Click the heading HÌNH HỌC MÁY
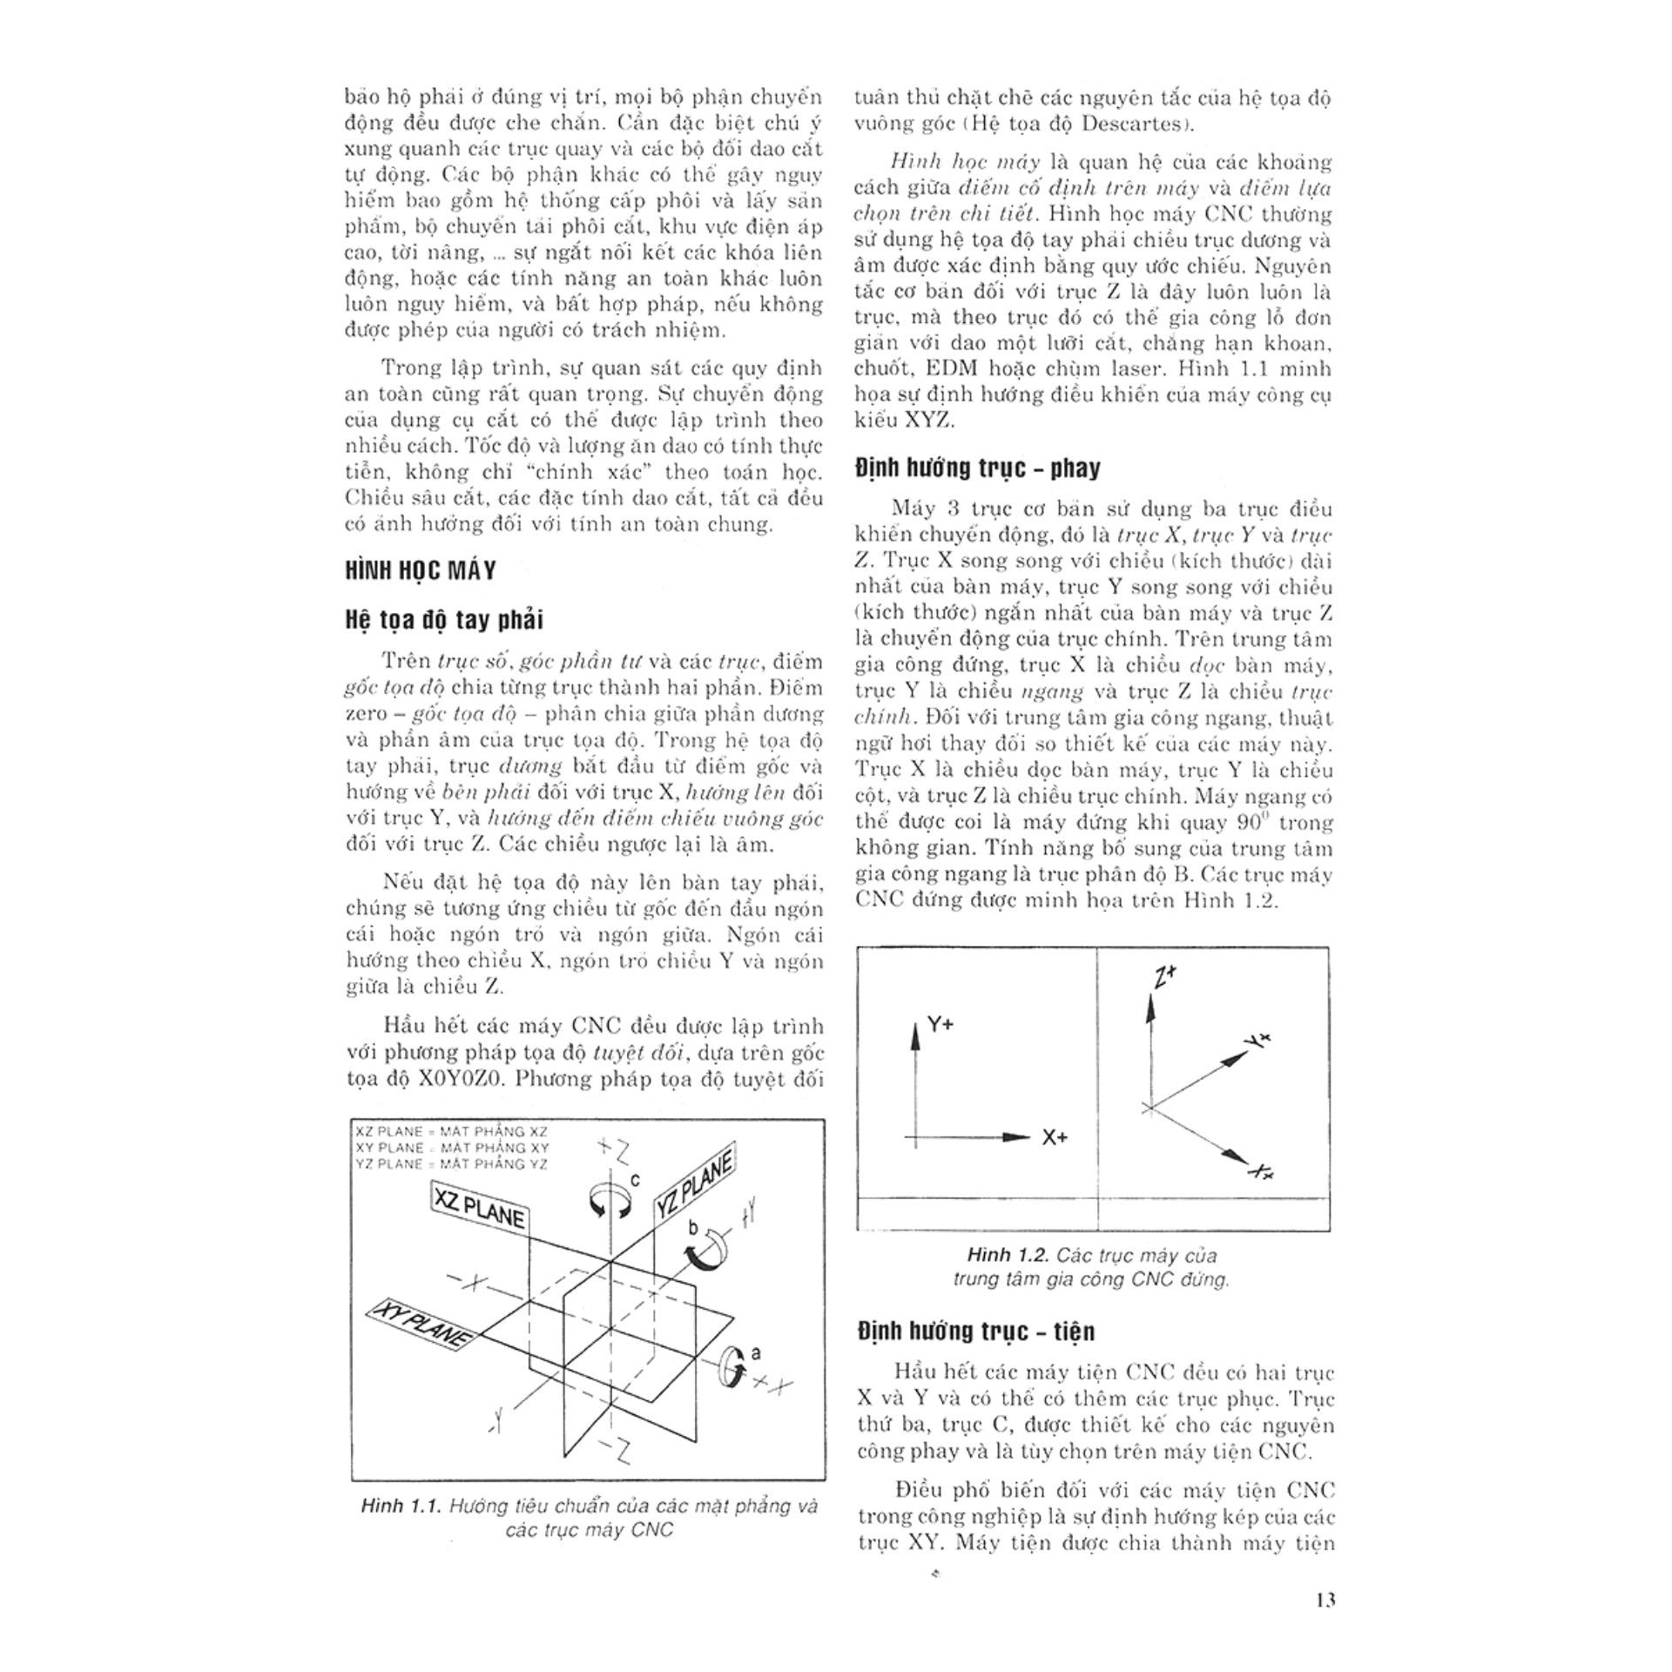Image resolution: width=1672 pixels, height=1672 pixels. tap(421, 570)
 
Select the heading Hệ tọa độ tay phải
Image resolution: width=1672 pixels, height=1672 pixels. tap(444, 620)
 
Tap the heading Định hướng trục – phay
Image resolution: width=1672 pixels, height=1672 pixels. tap(978, 469)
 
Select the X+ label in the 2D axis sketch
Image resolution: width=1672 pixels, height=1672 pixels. tap(1055, 1137)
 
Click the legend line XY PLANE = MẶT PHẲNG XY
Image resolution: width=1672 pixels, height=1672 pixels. tap(452, 1148)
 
